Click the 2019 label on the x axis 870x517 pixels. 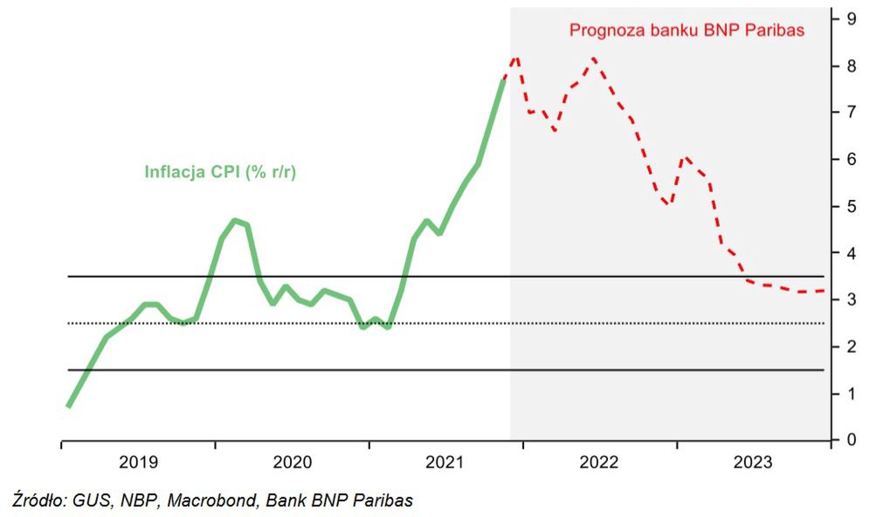click(x=138, y=462)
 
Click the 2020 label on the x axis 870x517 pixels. click(x=292, y=462)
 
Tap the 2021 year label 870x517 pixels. click(x=445, y=462)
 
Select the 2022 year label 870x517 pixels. click(x=599, y=462)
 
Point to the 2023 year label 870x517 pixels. click(x=753, y=462)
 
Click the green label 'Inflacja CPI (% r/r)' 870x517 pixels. click(x=220, y=172)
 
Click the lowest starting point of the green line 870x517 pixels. click(x=68, y=406)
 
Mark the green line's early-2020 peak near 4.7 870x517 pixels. click(x=235, y=220)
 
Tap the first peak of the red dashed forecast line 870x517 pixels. click(x=516, y=58)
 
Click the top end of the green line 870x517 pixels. click(x=504, y=79)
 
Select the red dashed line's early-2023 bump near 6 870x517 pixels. click(x=687, y=158)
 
